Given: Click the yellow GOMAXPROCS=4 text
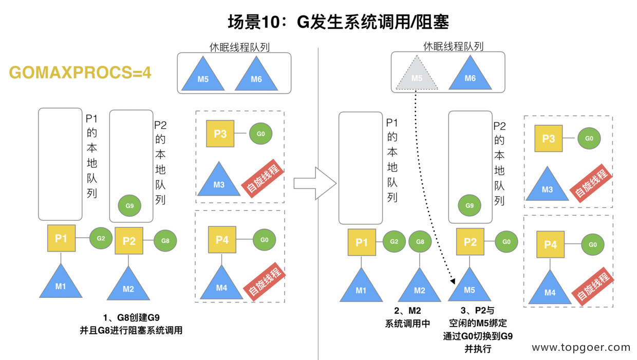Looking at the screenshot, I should point(80,73).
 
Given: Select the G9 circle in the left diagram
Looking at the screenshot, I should point(129,205).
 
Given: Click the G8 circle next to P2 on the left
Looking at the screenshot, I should point(165,240).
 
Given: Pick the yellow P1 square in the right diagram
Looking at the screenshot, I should point(362,242).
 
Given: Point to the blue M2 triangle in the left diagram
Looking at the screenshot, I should point(128,286).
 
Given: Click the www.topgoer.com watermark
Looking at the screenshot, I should point(580,348).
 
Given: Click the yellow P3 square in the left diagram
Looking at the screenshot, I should point(220,134).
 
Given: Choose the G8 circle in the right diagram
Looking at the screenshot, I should point(420,242).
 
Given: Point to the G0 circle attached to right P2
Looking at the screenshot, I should point(506,241).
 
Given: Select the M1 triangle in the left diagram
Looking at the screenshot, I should point(61,283).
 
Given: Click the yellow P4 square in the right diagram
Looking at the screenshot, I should point(550,245).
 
